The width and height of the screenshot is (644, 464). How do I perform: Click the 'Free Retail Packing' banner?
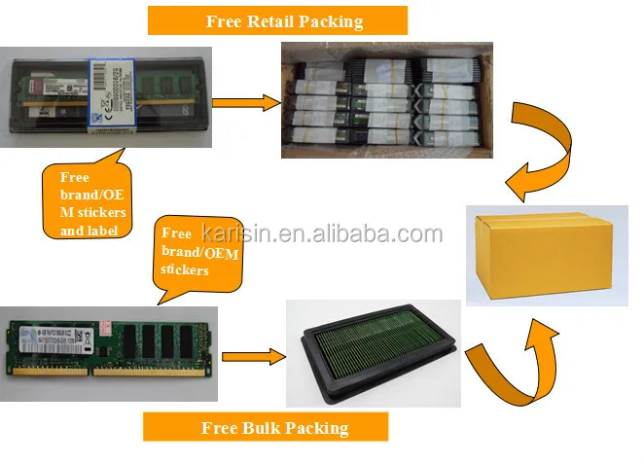point(277,20)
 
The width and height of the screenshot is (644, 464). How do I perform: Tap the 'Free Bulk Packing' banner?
point(266,427)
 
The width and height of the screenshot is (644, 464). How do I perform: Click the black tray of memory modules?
point(372,352)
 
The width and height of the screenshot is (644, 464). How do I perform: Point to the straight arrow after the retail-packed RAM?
point(243,100)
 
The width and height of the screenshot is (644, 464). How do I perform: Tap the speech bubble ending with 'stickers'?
point(199,252)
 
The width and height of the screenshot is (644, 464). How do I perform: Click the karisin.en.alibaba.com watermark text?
point(321,233)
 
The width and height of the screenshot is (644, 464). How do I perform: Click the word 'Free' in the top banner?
point(226,20)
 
